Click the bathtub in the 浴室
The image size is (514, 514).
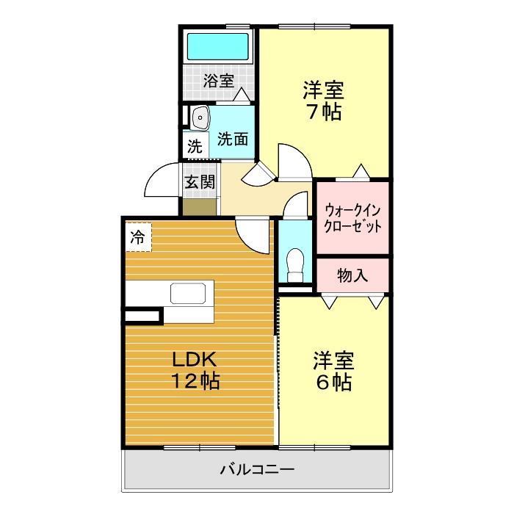click(218, 47)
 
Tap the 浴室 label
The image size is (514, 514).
click(218, 81)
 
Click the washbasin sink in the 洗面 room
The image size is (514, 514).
click(199, 118)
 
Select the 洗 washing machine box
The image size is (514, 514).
click(194, 145)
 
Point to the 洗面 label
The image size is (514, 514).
click(232, 139)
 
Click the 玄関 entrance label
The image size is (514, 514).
click(199, 181)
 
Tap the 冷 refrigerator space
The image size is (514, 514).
click(137, 237)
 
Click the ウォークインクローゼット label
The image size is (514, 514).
click(352, 217)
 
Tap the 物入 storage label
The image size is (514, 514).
click(352, 276)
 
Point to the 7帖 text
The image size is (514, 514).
click(323, 113)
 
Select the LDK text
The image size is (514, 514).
click(194, 360)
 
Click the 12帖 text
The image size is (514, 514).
click(195, 382)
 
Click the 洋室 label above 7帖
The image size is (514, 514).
click(323, 90)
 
